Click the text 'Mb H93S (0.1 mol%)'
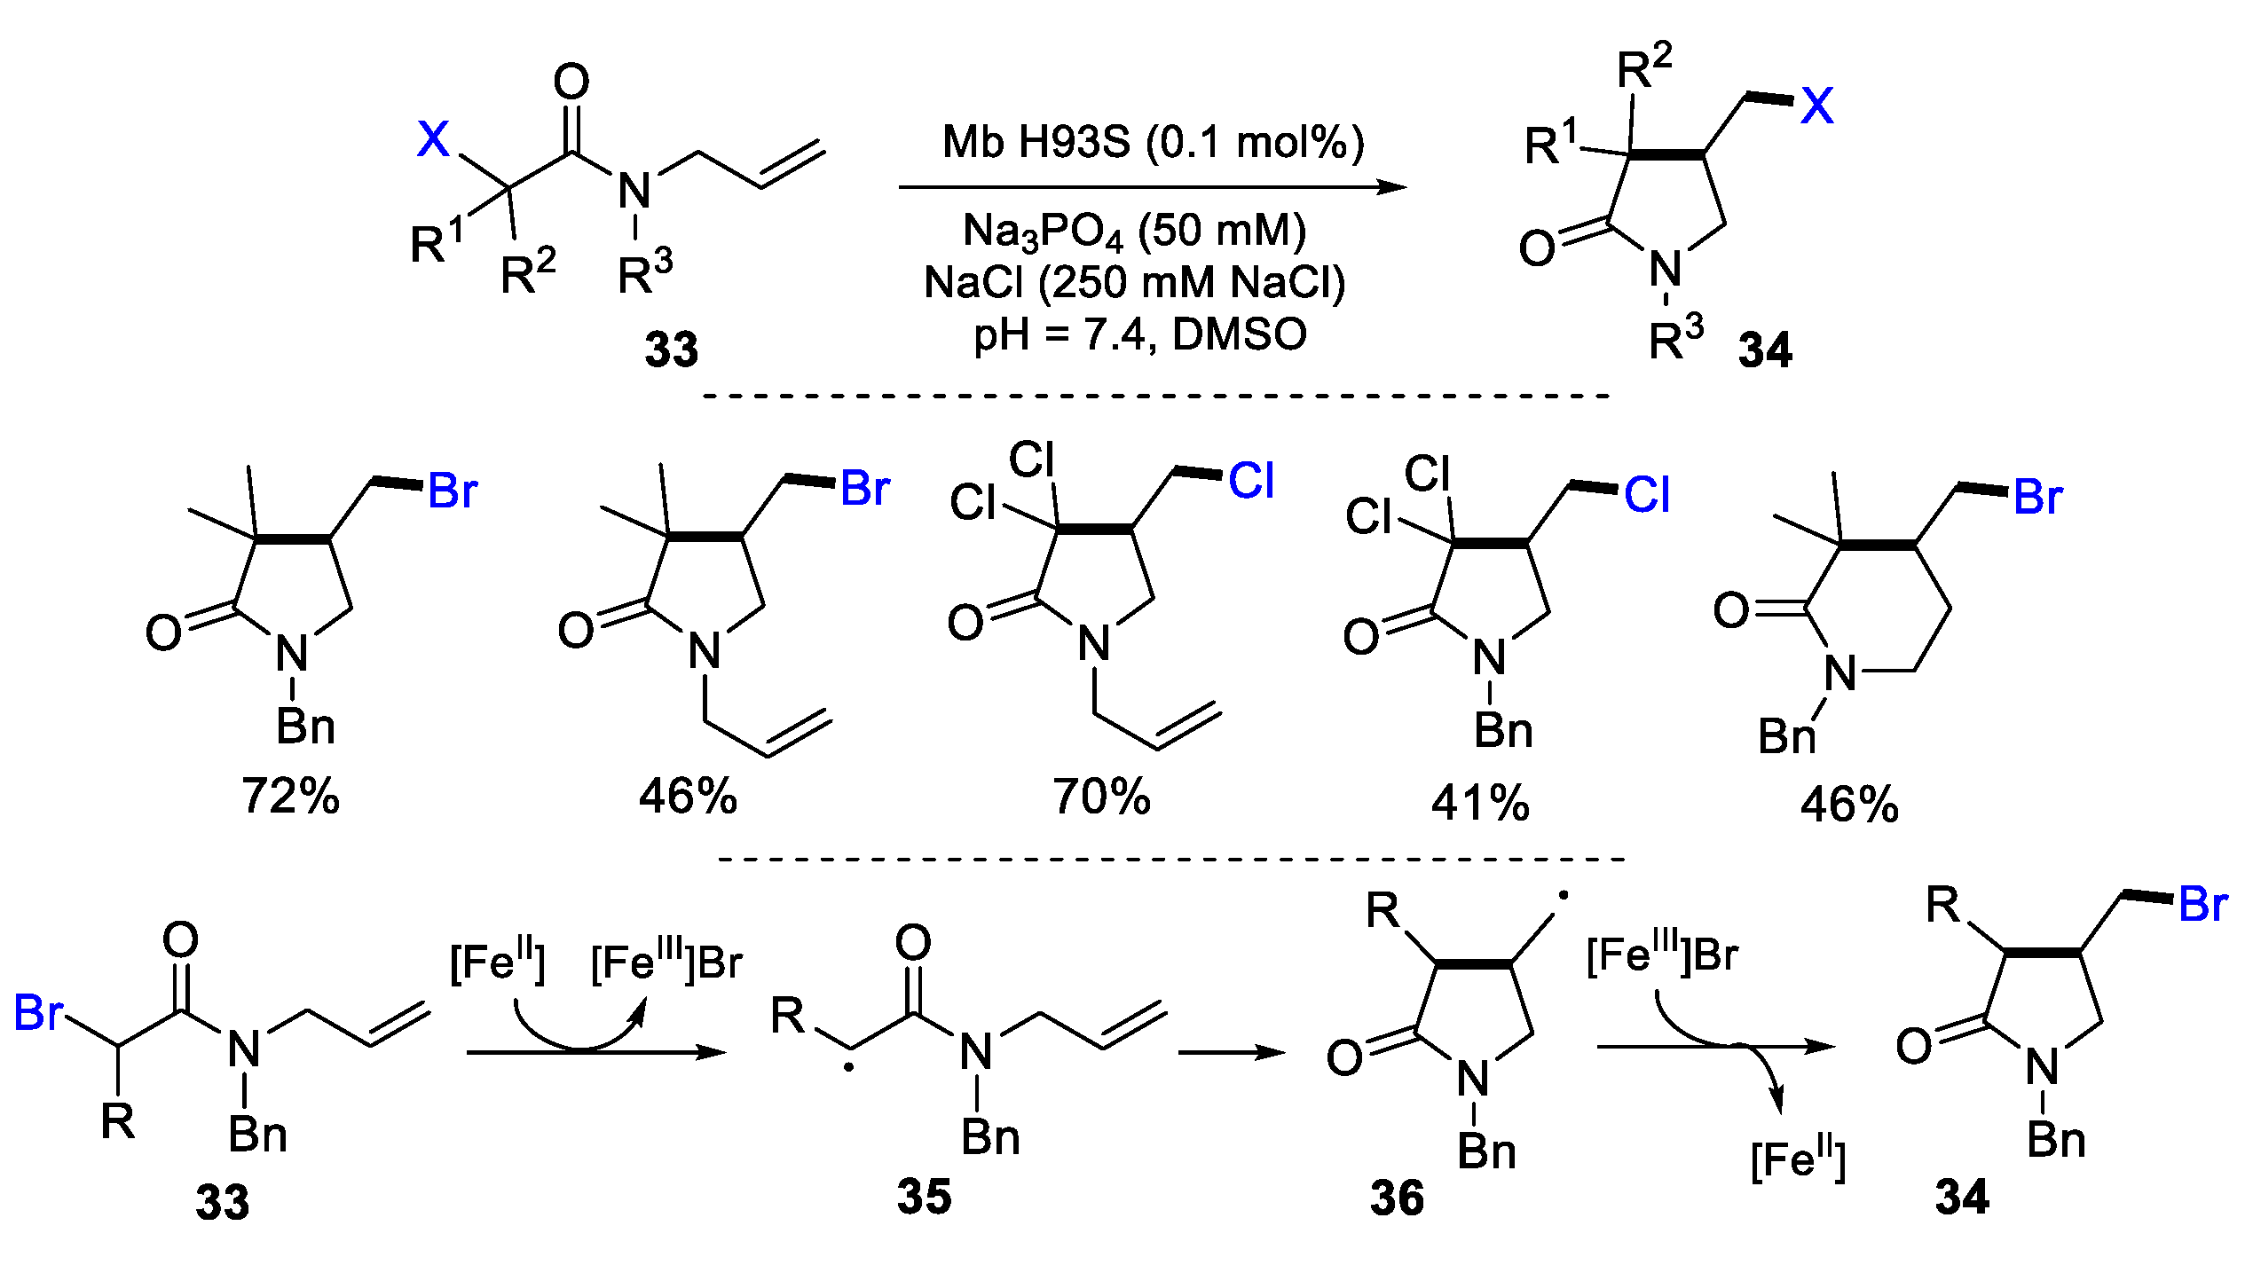(x=1153, y=143)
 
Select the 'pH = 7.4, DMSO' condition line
(x=1140, y=334)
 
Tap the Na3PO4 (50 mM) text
(x=1134, y=231)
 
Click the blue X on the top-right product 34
(x=1816, y=106)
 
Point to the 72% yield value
(x=290, y=796)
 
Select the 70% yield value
(x=1101, y=796)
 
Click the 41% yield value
(x=1480, y=803)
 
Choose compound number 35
(x=924, y=1196)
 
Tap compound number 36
(x=1397, y=1198)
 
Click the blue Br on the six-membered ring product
(x=2038, y=497)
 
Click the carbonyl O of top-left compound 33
(x=571, y=82)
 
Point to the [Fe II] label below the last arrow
(x=1798, y=1159)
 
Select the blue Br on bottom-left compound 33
(x=39, y=1012)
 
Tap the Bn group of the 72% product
(x=305, y=727)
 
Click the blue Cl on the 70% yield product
(x=1251, y=481)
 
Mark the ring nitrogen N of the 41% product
(x=1489, y=658)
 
